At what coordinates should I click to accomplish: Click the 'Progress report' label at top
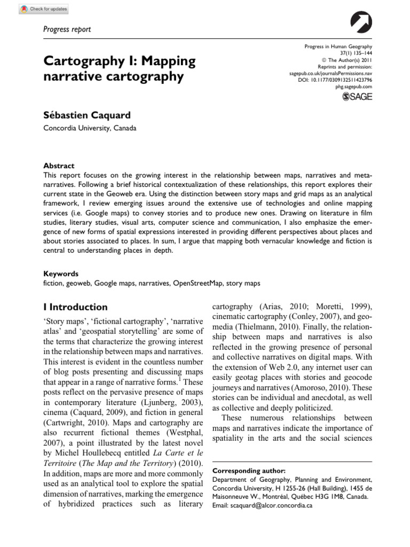tap(67, 29)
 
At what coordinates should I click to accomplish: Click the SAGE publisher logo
tap(357, 96)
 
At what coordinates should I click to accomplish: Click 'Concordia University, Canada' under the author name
tap(90, 128)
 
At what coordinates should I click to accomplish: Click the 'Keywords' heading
tap(60, 273)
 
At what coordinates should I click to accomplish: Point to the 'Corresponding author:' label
tap(249, 471)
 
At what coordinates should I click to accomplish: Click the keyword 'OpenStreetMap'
tap(197, 283)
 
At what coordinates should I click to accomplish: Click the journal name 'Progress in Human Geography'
tap(338, 48)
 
